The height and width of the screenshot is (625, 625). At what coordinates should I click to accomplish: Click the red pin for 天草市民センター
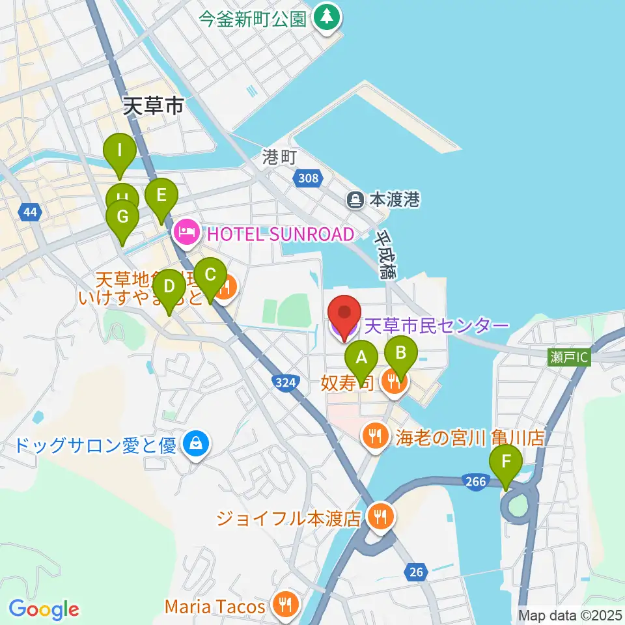tap(344, 312)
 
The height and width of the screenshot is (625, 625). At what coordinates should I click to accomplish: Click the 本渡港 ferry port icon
tap(356, 199)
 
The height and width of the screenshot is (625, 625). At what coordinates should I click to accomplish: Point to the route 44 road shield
tap(29, 212)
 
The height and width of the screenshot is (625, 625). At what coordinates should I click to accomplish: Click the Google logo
tap(44, 609)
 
